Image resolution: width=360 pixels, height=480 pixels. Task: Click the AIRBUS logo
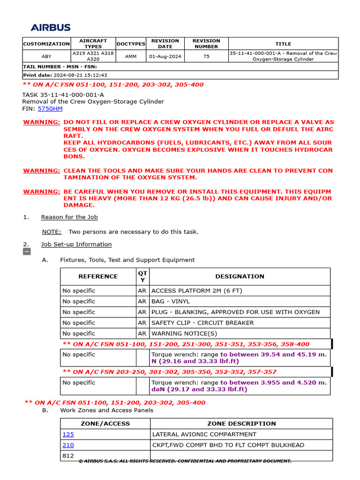tap(51, 28)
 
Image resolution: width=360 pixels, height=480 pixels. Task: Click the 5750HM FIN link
tap(50, 109)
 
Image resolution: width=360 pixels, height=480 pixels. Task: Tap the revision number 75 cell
tap(206, 56)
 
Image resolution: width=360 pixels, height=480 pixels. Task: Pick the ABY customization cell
tap(46, 56)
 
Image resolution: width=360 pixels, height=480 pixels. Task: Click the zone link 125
tap(68, 434)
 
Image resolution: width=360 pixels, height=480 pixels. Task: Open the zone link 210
tap(68, 445)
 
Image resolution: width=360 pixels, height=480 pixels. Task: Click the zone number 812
tap(68, 456)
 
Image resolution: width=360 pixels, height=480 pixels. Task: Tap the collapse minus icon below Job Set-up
tap(27, 252)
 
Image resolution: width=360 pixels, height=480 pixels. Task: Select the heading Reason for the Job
tap(69, 217)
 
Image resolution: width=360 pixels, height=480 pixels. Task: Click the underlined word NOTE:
tap(52, 232)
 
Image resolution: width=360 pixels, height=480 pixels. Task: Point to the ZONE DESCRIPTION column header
tap(241, 423)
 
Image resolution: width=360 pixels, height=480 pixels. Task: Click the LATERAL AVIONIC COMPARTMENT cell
tap(204, 434)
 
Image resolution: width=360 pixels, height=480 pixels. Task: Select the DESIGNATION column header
tap(240, 277)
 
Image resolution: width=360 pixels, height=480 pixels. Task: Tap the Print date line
tap(65, 75)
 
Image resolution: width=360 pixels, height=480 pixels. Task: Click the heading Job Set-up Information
tap(76, 244)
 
